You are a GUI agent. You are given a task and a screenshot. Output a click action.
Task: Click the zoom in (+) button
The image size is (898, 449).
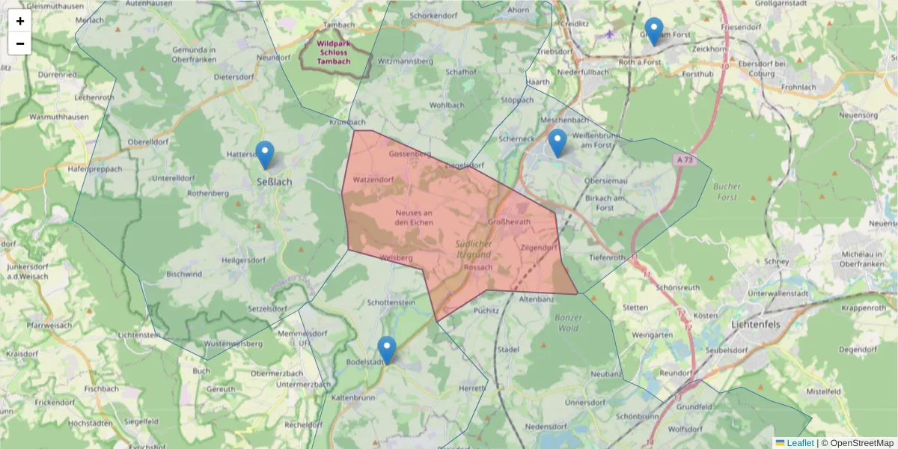click(x=19, y=21)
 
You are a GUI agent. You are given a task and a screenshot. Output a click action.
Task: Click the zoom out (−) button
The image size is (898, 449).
click(x=19, y=43)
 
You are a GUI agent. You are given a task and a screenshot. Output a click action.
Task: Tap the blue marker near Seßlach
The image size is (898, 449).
click(x=265, y=155)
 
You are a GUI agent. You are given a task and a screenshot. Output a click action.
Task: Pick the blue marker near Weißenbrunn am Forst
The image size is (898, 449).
click(x=558, y=143)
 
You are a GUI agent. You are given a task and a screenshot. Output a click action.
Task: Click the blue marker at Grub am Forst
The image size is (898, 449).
click(x=654, y=31)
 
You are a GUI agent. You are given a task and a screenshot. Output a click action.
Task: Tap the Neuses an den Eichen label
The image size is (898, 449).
click(x=414, y=218)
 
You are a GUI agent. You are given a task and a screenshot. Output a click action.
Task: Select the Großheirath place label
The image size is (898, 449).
click(x=509, y=222)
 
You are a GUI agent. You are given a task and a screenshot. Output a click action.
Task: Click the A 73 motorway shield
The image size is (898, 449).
click(x=682, y=159)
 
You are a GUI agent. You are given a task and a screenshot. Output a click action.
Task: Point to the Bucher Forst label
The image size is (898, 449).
click(x=726, y=192)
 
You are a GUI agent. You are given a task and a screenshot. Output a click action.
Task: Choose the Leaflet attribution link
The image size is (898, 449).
click(x=800, y=443)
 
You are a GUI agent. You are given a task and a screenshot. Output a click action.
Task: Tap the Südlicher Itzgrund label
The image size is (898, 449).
click(x=473, y=250)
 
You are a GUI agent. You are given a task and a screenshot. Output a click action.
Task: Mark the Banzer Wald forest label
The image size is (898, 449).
click(x=568, y=323)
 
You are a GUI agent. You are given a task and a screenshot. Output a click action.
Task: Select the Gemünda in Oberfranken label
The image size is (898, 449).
click(x=194, y=55)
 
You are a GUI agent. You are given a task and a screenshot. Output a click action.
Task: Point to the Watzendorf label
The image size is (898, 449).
click(x=373, y=180)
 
